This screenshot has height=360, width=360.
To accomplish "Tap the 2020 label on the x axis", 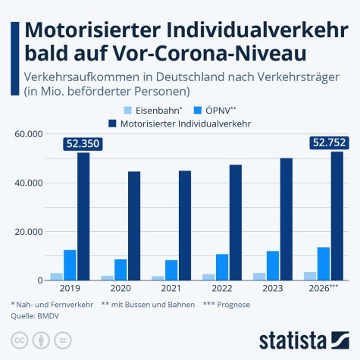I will (x=121, y=288).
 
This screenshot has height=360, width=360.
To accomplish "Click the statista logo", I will (x=303, y=338).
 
